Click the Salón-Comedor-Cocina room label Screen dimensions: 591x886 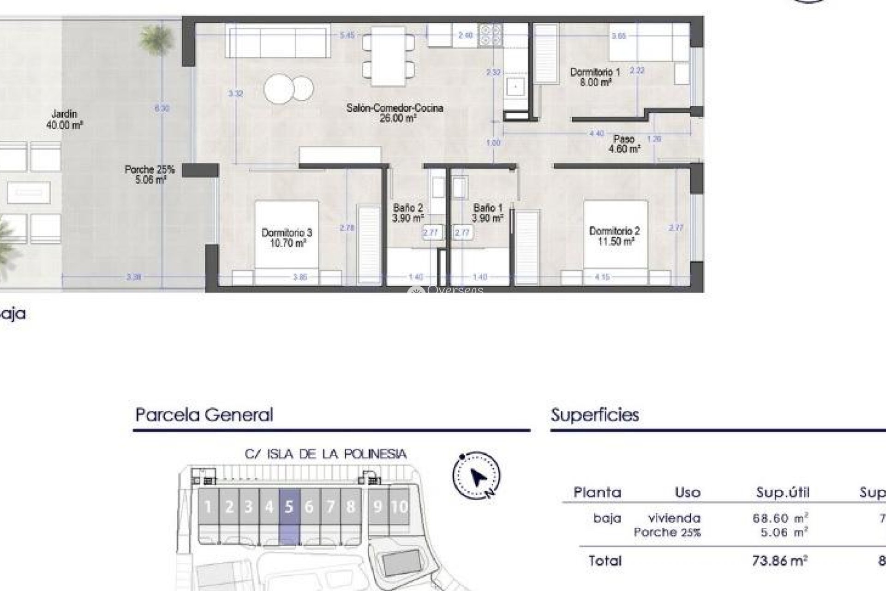point(395,113)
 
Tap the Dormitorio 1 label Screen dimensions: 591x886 point(595,77)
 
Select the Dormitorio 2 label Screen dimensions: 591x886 point(614,235)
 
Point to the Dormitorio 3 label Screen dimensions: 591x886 point(287,237)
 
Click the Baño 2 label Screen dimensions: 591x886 point(407,213)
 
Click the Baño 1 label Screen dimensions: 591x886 point(487,213)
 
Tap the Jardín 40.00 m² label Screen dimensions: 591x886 point(64,119)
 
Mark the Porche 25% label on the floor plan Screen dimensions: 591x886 point(150,175)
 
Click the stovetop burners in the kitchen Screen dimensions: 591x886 point(491,35)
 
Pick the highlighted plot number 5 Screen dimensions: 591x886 point(289,507)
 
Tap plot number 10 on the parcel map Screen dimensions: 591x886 point(399,507)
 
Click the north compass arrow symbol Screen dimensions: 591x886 point(477,476)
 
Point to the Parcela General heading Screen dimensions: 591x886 point(204,415)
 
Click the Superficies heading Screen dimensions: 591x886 point(595,415)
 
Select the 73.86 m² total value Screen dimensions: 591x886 point(779,561)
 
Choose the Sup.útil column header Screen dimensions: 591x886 point(782,493)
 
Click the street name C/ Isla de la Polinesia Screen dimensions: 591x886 point(325,454)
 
